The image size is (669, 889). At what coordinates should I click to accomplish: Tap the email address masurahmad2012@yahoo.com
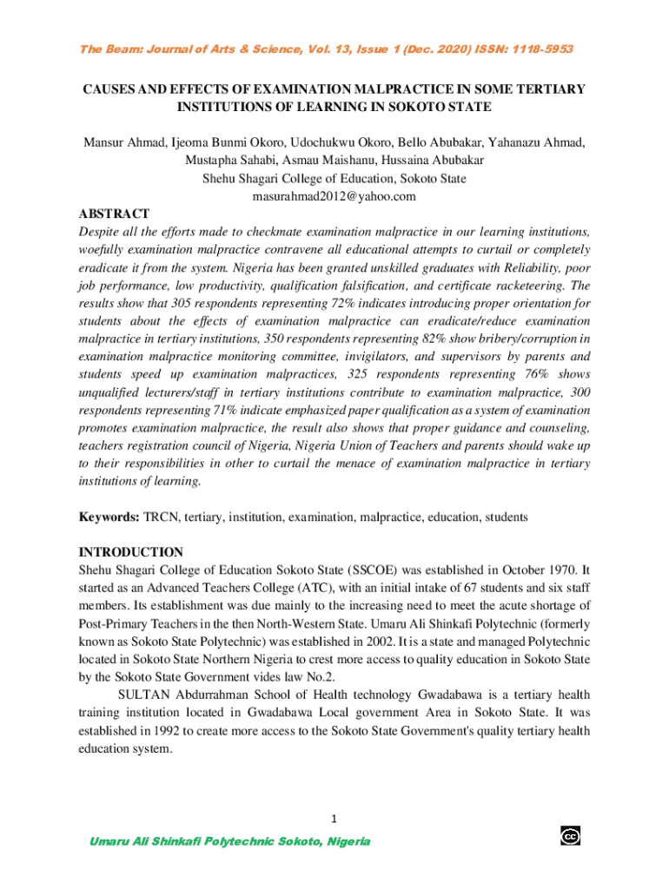[x=334, y=196]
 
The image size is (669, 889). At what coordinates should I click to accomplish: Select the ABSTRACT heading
[x=114, y=214]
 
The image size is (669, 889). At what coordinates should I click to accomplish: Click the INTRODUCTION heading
[x=131, y=552]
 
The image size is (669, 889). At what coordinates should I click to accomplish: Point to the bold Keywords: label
[x=109, y=517]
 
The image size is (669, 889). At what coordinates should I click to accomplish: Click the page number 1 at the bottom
[x=334, y=819]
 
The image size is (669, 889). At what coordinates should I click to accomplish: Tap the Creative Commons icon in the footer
[x=571, y=836]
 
